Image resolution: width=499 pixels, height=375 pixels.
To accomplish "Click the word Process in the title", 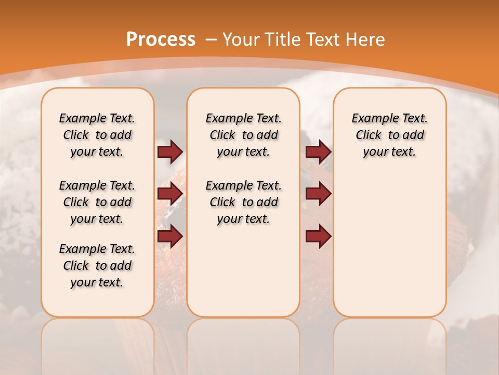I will click(161, 39).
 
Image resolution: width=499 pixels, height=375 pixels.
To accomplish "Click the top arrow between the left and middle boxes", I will click(170, 152).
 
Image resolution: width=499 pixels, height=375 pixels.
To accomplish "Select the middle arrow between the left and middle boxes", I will click(170, 194).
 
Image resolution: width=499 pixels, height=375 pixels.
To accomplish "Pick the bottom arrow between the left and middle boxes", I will click(170, 236).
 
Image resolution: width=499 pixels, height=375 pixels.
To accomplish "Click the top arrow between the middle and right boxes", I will click(318, 152).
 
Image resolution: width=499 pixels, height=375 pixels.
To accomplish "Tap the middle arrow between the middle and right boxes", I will click(318, 194).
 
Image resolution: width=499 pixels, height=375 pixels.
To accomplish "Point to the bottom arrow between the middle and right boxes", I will click(318, 236).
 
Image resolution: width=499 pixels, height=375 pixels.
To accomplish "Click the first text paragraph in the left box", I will click(97, 135).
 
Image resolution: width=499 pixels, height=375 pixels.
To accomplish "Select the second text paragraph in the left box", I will click(97, 202).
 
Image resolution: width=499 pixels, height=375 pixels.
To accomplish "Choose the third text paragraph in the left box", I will click(97, 266).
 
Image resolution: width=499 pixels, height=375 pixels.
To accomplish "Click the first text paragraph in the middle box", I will click(243, 135).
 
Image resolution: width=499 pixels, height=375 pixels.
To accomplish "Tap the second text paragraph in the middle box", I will click(243, 202).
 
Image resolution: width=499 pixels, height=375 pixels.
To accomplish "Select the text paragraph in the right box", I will click(389, 135).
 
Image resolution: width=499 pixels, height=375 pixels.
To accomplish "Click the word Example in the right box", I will click(372, 118).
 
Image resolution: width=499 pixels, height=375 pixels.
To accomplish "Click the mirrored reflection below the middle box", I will click(243, 344).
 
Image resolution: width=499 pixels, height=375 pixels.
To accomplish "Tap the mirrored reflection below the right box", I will click(389, 344).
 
